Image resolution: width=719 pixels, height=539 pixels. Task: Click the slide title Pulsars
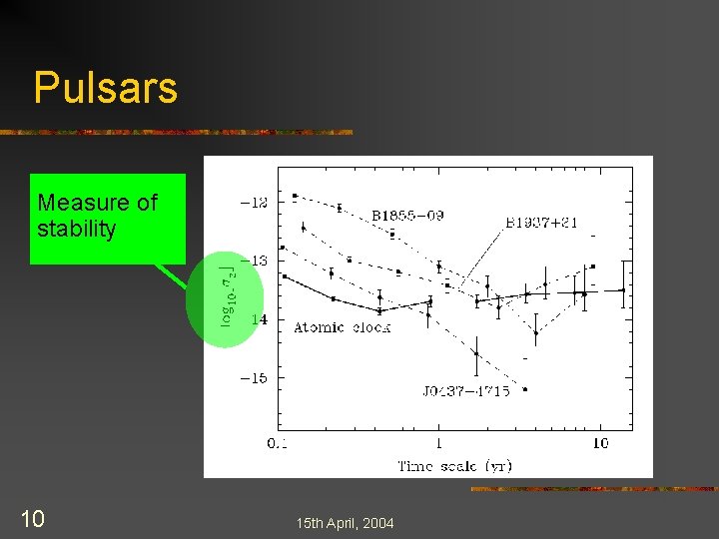105,88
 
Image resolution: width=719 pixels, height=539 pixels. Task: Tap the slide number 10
31,518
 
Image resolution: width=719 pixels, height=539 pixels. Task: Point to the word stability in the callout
76,229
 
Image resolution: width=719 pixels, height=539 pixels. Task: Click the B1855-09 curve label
413,215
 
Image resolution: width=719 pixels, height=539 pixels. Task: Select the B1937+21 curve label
541,223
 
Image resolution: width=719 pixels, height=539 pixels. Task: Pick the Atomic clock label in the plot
342,327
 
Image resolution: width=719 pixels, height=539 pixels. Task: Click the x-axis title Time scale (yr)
454,465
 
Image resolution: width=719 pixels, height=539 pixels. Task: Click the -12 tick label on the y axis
256,202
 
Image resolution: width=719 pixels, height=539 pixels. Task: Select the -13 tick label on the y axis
256,261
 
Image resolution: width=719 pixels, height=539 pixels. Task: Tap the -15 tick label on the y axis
256,378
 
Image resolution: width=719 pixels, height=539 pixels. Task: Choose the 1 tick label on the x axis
439,443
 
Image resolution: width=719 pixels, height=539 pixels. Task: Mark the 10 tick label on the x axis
599,443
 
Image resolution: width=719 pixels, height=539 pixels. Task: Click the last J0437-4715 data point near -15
525,389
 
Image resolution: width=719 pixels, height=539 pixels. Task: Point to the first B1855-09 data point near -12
295,196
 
